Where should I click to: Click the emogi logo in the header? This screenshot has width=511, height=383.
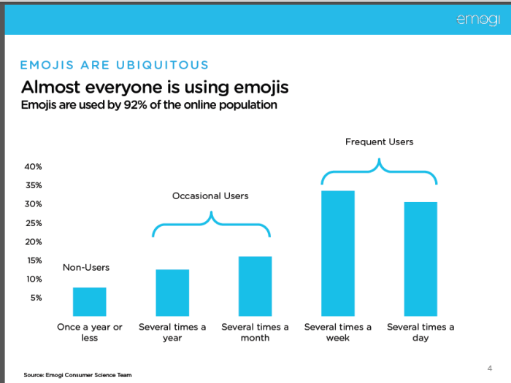(x=478, y=19)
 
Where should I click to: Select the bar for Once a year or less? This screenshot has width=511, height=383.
(x=89, y=301)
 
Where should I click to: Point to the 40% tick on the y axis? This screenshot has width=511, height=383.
(x=33, y=166)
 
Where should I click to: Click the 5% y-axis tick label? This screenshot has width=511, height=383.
(x=35, y=298)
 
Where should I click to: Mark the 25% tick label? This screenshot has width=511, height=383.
(x=33, y=223)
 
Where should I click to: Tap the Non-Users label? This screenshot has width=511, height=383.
(x=85, y=268)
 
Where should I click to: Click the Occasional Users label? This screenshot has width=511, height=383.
(x=210, y=196)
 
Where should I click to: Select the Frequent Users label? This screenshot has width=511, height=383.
(x=379, y=142)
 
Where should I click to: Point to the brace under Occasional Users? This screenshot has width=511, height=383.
(x=211, y=224)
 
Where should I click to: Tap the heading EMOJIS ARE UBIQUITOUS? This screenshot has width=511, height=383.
(x=115, y=66)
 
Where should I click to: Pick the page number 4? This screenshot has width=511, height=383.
(x=489, y=367)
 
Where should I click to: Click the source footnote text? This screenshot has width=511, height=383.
(x=77, y=375)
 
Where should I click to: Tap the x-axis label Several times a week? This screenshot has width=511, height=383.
(x=338, y=333)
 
